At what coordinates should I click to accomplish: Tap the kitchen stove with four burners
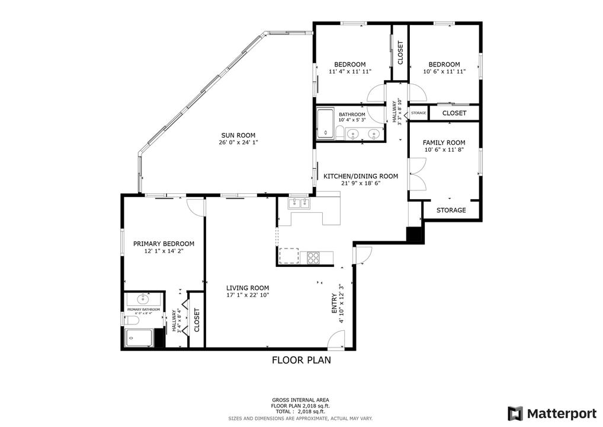coord(312,257)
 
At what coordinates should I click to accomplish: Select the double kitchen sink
coord(299,204)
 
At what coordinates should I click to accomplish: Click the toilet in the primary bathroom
coord(132,321)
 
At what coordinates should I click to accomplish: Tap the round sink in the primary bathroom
coord(142,298)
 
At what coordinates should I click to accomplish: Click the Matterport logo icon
coord(515,413)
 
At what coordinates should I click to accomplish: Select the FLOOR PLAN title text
coord(301,359)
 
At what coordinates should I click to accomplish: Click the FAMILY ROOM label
coord(444,142)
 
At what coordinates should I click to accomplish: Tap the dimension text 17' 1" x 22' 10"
coord(248,295)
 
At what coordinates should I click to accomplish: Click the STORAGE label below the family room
coord(451,210)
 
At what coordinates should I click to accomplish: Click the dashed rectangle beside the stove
coord(288,255)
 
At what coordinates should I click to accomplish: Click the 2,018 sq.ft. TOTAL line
coord(301,411)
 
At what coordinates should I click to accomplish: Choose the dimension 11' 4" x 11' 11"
coord(349,71)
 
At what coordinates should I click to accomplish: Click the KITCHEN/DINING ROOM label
coord(360,176)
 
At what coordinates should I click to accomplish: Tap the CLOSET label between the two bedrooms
coord(400,53)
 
